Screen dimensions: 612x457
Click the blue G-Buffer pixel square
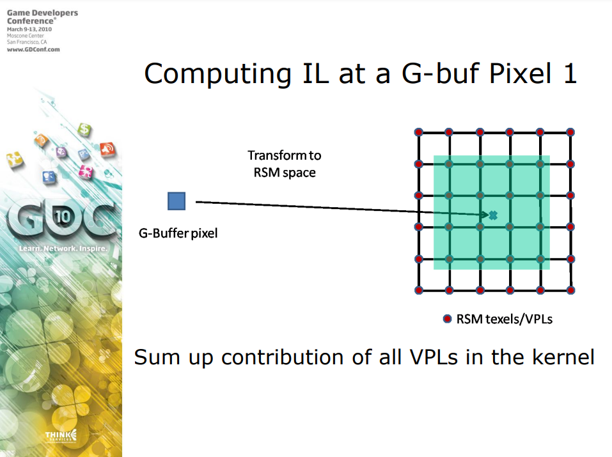[177, 201]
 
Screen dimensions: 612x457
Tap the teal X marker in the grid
[493, 215]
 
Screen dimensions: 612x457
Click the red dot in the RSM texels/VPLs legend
[447, 319]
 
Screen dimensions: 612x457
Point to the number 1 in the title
[570, 74]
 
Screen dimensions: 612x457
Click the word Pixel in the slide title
[521, 73]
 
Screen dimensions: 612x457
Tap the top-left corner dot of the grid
[419, 132]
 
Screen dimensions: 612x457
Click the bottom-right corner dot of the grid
[570, 290]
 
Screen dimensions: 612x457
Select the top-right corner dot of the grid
[570, 132]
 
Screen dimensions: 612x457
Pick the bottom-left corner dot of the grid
[419, 290]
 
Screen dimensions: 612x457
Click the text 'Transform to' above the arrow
[285, 155]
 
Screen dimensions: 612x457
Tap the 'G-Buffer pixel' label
[178, 233]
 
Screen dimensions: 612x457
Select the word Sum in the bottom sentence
[157, 357]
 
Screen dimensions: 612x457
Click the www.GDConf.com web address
[33, 50]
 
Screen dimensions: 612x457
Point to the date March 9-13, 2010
[29, 29]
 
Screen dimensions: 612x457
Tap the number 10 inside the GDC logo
[63, 216]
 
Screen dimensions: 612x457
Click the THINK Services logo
[61, 436]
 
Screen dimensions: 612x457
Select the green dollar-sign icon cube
[84, 129]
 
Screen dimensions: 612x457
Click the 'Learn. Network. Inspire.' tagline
[63, 249]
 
